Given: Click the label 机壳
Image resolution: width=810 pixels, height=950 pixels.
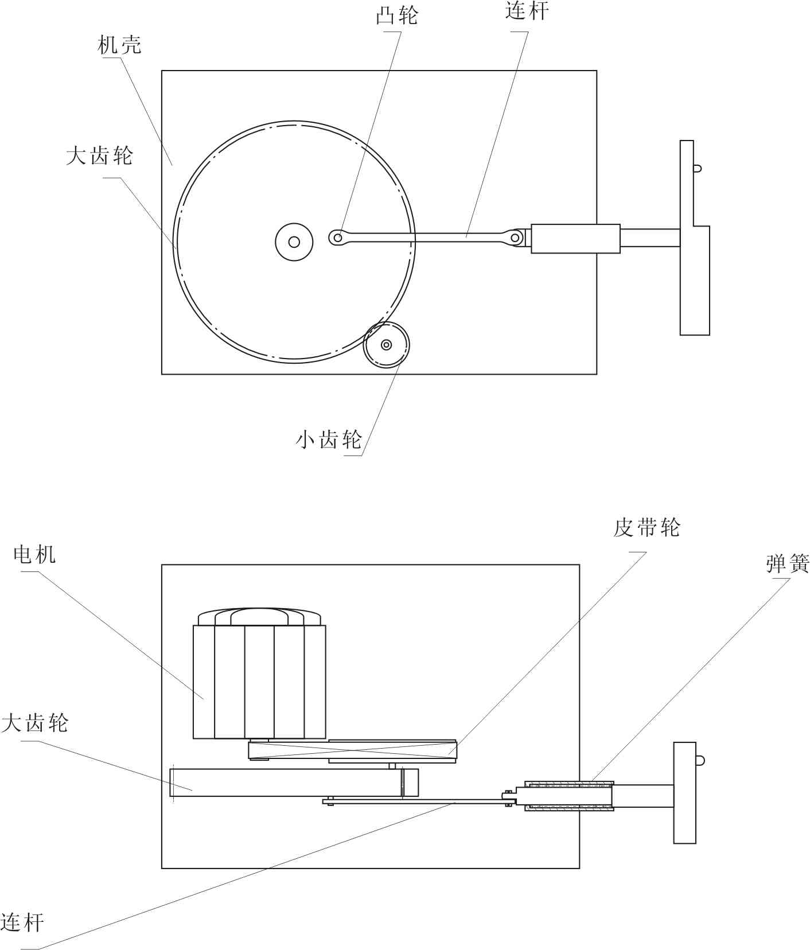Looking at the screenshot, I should [x=119, y=45].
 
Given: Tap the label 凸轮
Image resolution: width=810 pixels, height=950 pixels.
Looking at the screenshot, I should [x=396, y=15].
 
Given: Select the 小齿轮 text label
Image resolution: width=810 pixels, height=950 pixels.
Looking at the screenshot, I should [x=329, y=439].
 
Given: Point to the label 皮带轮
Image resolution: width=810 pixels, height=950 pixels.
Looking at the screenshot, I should [x=647, y=528].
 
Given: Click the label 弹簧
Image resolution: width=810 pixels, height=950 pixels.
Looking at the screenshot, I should [x=788, y=564].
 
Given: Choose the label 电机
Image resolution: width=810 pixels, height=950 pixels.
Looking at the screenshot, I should [x=34, y=554].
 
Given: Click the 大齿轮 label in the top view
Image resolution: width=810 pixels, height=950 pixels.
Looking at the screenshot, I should [x=99, y=155].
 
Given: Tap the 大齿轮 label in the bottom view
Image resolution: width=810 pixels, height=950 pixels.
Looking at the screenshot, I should [x=34, y=723].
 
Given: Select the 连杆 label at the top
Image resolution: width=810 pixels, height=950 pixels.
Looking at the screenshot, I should [x=527, y=11].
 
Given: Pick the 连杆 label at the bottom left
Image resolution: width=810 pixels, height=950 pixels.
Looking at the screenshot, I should [x=22, y=922].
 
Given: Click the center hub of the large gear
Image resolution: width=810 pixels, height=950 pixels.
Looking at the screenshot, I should [x=294, y=242].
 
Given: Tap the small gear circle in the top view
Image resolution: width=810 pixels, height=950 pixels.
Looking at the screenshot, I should [x=386, y=345].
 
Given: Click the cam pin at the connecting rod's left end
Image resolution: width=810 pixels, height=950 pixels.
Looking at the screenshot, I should [x=338, y=237].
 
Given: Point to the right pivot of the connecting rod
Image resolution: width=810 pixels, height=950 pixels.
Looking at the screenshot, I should [x=515, y=237].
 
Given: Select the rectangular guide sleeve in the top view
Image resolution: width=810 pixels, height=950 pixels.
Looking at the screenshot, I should [x=575, y=239].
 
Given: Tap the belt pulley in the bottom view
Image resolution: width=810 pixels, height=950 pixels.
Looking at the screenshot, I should [x=352, y=750].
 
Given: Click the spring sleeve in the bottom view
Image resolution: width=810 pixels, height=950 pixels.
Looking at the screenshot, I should [x=569, y=796].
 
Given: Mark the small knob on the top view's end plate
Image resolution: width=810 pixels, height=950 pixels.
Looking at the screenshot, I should [x=697, y=169].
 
